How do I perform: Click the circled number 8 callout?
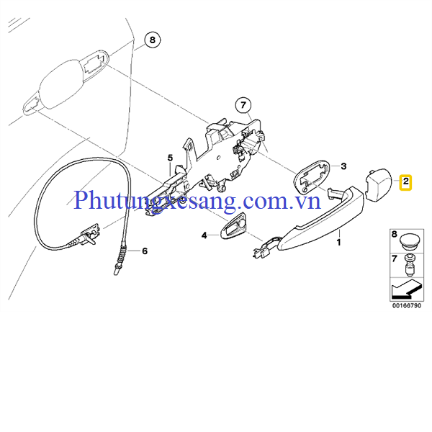point(153,40)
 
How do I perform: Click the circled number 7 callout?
point(243,105)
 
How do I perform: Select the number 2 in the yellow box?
point(405,182)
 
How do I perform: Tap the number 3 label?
point(343,166)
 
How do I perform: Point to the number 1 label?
point(339,243)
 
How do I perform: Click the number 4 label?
point(204,235)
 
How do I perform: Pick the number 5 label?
point(170,158)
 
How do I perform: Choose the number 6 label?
point(145,251)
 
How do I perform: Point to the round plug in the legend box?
point(409,242)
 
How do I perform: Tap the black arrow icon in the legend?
point(407,289)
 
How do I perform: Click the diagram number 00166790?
point(407,305)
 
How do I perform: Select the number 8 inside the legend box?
point(395,235)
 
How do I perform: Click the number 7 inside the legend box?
point(395,258)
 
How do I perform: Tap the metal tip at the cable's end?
point(116,271)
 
